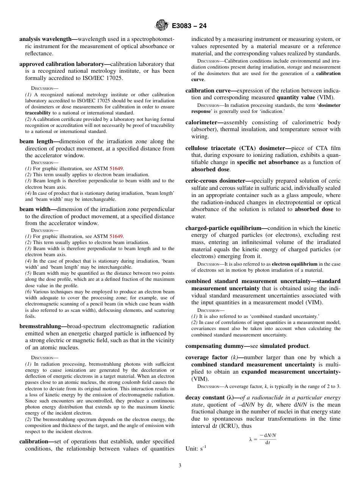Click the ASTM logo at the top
(162, 26)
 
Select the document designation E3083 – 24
(189, 26)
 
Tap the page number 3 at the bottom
(180, 465)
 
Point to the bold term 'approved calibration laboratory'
(64, 64)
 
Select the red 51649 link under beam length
(116, 169)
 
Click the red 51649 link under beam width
(116, 236)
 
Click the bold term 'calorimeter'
(204, 122)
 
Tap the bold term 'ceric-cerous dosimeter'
(218, 181)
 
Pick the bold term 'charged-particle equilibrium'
(226, 228)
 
